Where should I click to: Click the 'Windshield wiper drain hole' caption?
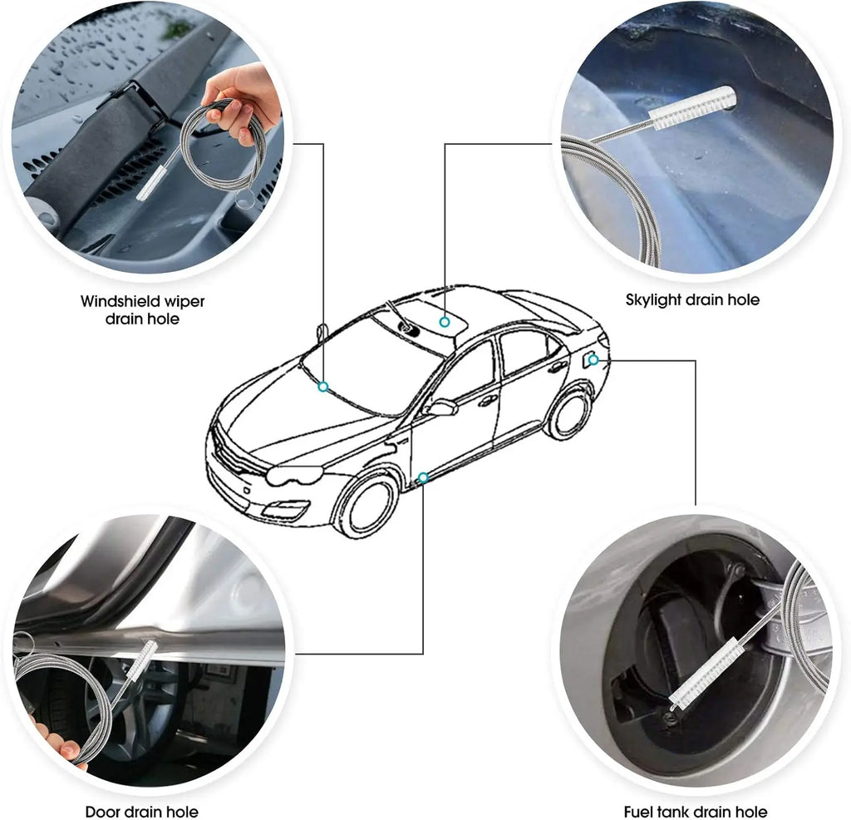[x=142, y=309]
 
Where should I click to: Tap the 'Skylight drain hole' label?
[x=692, y=299]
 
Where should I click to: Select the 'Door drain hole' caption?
[x=141, y=811]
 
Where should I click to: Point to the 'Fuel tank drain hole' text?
[x=696, y=811]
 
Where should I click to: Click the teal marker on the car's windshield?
[x=323, y=387]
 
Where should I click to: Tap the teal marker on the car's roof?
[x=445, y=321]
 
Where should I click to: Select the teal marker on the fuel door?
[x=593, y=360]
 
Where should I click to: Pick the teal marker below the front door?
[x=423, y=477]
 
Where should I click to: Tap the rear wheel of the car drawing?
[x=569, y=412]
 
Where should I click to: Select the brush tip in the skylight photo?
[x=694, y=108]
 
